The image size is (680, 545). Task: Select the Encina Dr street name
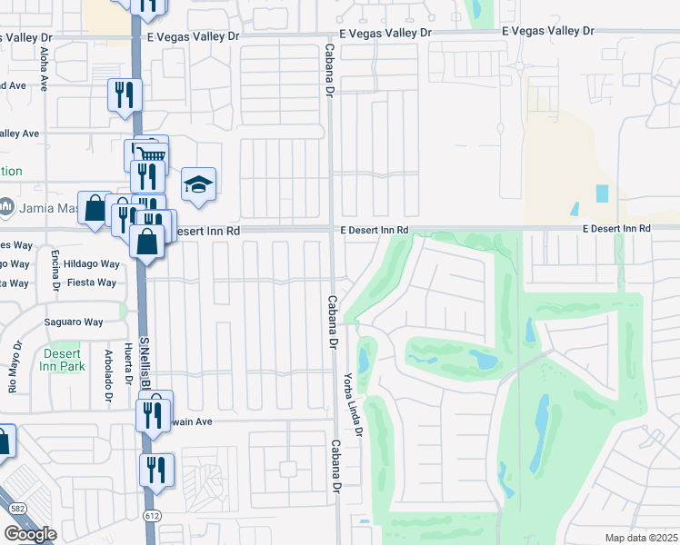pyautogui.click(x=55, y=272)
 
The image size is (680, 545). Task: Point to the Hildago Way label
pyautogui.click(x=97, y=264)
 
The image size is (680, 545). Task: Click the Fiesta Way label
pyautogui.click(x=95, y=282)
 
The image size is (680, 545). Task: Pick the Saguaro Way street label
pyautogui.click(x=74, y=322)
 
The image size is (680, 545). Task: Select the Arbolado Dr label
pyautogui.click(x=106, y=371)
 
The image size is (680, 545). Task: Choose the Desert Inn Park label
pyautogui.click(x=62, y=360)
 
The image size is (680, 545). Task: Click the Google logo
pyautogui.click(x=30, y=534)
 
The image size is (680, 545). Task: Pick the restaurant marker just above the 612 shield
pyautogui.click(x=156, y=470)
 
